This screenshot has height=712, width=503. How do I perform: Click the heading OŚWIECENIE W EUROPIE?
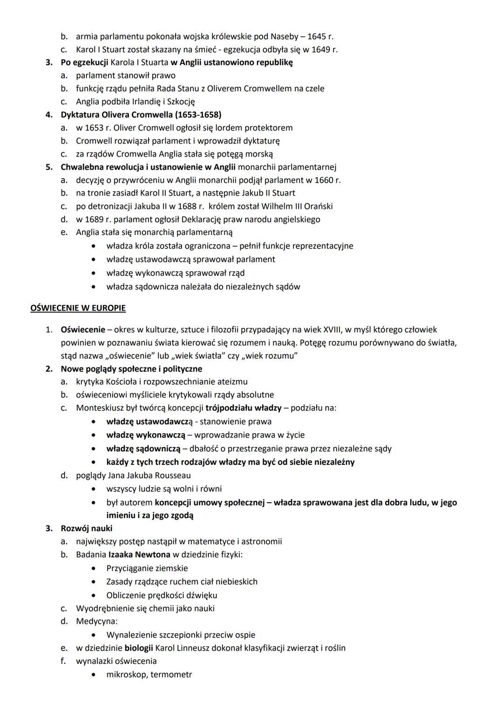78,308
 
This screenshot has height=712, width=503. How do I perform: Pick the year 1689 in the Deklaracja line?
95,219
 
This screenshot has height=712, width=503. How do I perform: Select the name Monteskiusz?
100,408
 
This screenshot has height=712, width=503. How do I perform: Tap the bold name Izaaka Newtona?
139,555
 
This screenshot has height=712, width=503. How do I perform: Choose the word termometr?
171,674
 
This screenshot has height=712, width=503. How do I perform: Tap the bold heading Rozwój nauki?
87,528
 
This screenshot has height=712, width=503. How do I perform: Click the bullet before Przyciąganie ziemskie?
95,568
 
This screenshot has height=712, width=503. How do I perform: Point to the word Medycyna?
97,621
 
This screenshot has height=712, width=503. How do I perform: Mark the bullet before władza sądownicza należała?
95,287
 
